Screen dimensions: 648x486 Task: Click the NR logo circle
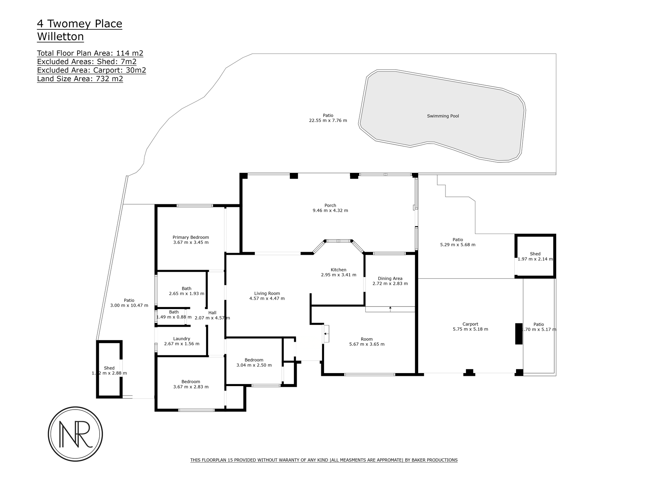tap(75, 408)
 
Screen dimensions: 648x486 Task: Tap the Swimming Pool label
tap(443, 116)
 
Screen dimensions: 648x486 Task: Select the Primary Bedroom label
tap(191, 237)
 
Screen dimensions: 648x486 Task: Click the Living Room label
tap(267, 293)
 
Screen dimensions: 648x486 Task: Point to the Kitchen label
tap(339, 270)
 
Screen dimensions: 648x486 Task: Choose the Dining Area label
tap(390, 278)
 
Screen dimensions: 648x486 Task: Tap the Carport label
tap(470, 324)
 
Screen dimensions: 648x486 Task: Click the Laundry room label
tap(181, 339)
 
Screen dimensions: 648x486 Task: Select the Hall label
tap(212, 313)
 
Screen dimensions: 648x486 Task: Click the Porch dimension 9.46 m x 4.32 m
tap(330, 210)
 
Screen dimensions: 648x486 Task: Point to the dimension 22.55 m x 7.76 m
tap(328, 120)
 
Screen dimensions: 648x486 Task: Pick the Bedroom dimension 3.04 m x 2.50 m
tap(254, 365)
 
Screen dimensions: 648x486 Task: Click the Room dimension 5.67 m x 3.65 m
tap(367, 344)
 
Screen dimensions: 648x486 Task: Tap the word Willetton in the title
tap(60, 36)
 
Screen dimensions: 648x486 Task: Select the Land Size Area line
tap(80, 79)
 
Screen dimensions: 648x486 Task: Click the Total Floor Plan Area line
tap(90, 53)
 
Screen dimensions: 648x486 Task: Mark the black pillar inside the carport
tap(519, 334)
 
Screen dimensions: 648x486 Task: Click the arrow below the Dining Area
tap(390, 309)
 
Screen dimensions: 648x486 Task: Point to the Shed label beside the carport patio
tap(535, 254)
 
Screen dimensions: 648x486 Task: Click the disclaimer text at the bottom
tap(324, 460)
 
